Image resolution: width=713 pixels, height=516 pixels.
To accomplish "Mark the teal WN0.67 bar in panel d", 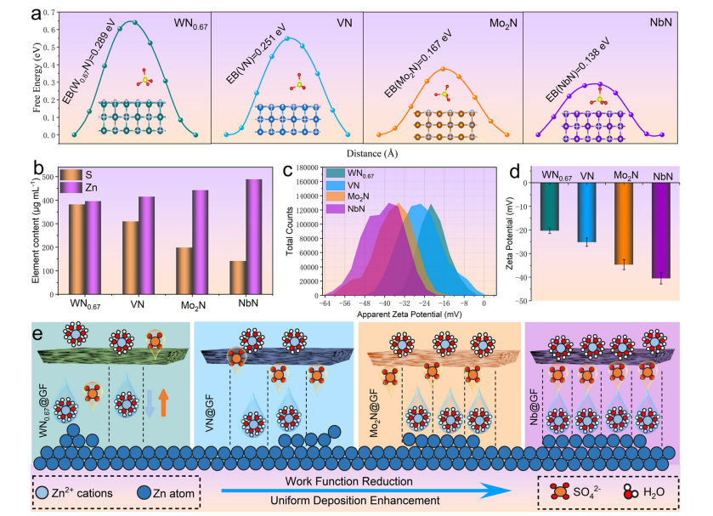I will coord(549,207).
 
